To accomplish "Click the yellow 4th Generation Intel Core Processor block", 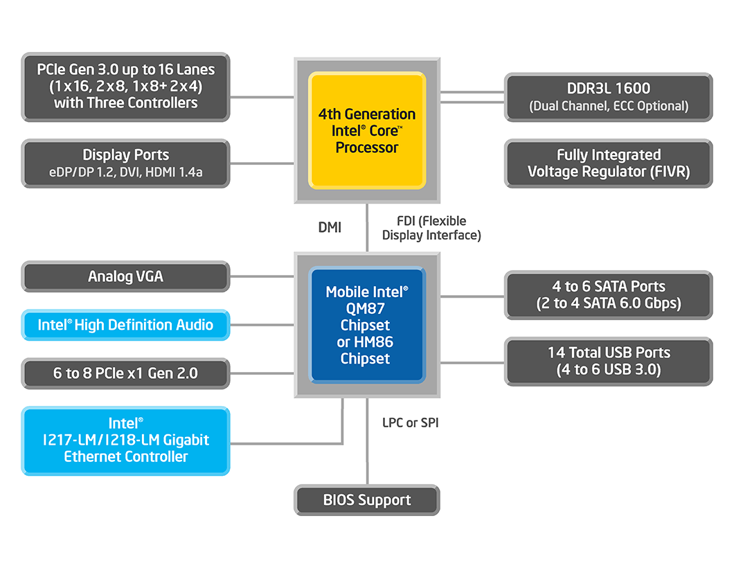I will (367, 130).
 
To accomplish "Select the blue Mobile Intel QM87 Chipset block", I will (367, 325).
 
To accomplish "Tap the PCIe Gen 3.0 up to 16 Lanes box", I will (125, 86).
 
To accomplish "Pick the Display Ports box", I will (125, 163).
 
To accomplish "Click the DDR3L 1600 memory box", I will (608, 96).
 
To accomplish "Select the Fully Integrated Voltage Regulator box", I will (608, 163).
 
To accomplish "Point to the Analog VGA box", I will (125, 276).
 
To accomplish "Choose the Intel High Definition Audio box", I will (125, 325).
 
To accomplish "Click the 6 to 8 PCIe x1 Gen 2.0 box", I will (125, 373).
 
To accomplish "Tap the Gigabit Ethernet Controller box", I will (125, 440).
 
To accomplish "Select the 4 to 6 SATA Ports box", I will (608, 294).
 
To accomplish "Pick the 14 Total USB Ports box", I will (608, 361).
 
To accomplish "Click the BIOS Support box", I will (367, 500).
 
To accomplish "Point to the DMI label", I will (330, 227).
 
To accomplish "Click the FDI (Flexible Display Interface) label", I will (431, 228).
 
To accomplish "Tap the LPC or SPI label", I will (410, 423).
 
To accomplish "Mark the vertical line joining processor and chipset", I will (367, 228).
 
